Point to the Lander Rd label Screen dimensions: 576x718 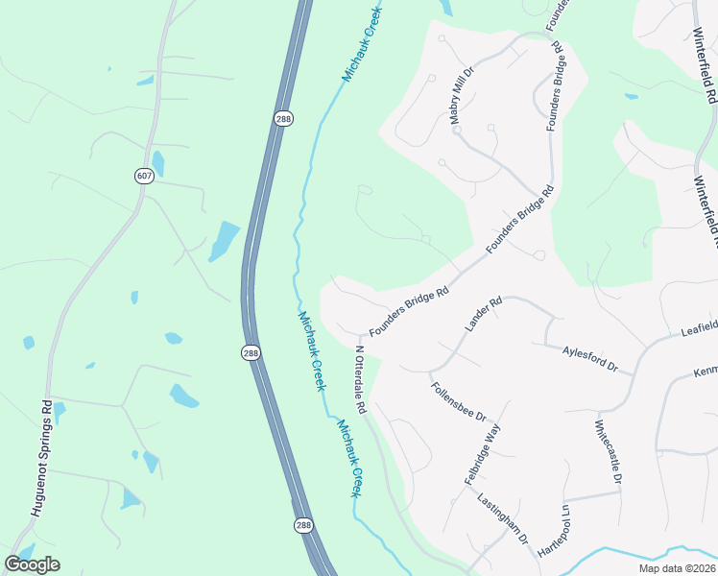click(x=484, y=314)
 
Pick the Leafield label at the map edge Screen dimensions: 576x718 click(x=699, y=328)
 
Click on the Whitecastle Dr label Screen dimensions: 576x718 click(x=609, y=451)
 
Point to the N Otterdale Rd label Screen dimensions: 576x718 click(x=361, y=379)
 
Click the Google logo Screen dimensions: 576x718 click(x=32, y=564)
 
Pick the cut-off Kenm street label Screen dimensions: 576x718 click(x=705, y=371)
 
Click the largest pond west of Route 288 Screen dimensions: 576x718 click(x=224, y=241)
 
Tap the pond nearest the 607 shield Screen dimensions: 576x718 click(x=157, y=164)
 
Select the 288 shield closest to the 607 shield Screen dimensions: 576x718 click(x=285, y=118)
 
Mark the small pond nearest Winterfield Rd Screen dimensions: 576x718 click(x=631, y=96)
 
